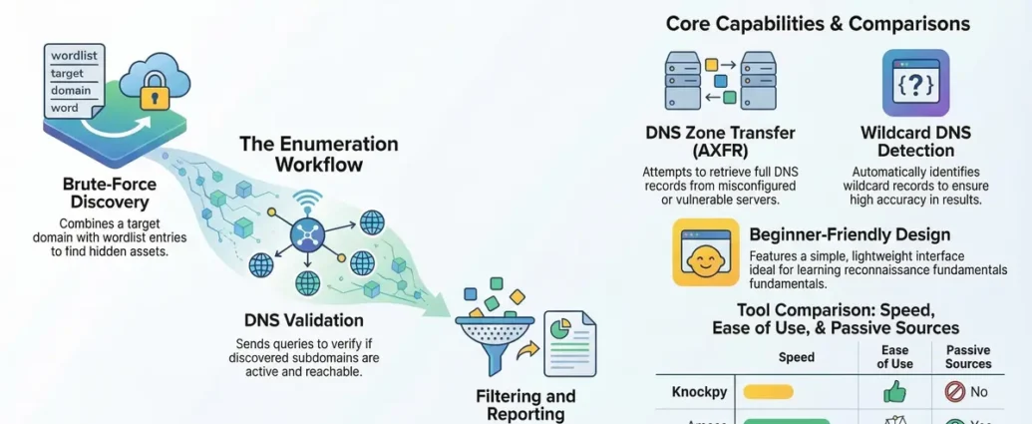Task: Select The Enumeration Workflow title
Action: coord(318,153)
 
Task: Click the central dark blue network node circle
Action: coord(306,235)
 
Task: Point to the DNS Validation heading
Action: coord(303,320)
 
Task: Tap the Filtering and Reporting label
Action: coord(525,405)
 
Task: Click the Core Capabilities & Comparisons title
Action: coord(818,23)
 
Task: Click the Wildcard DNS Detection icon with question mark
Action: coord(915,83)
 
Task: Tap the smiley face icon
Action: coord(707,252)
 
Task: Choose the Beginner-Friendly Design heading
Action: coord(850,235)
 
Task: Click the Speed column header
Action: coord(795,357)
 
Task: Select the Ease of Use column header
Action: coord(894,357)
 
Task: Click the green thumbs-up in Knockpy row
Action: coord(895,392)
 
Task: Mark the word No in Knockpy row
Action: coord(978,392)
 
